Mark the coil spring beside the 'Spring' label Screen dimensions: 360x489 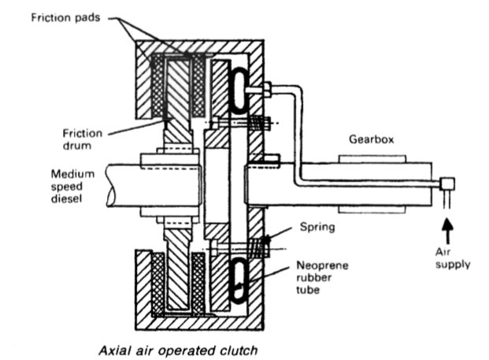tap(257, 250)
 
